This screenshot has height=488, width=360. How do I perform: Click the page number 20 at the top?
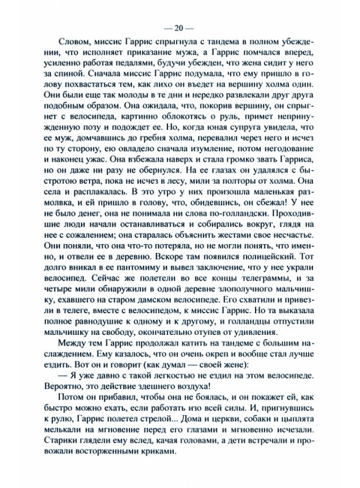click(x=179, y=29)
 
